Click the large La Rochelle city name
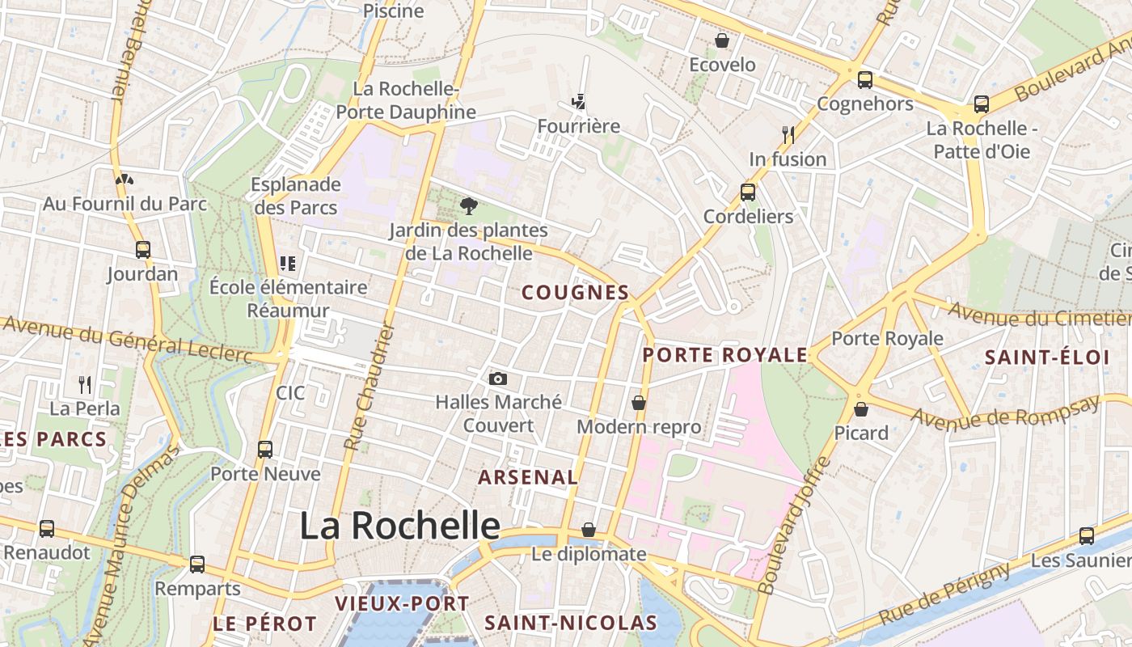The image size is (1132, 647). tap(400, 526)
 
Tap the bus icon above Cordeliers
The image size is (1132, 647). tap(748, 192)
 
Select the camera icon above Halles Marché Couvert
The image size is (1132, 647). tap(498, 378)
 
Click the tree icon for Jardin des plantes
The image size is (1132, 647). tap(467, 207)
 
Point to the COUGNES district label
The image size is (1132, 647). tap(576, 293)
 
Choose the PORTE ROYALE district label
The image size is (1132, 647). tap(725, 355)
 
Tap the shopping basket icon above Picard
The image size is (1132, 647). tap(861, 409)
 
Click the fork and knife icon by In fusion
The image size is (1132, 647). tap(788, 134)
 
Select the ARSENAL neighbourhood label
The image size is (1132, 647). tap(528, 477)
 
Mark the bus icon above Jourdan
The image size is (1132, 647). tap(143, 250)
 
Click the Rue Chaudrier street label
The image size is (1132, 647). tap(368, 387)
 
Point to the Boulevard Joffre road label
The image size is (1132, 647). tap(796, 526)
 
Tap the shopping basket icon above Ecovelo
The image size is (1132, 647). tap(722, 40)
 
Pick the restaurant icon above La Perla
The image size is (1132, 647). tap(85, 384)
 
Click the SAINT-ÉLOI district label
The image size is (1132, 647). tap(1046, 357)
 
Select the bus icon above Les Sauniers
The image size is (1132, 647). tap(1087, 536)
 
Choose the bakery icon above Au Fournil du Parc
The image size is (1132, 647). tap(125, 180)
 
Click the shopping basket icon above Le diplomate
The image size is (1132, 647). tap(589, 531)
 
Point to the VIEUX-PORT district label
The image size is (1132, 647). tap(402, 603)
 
